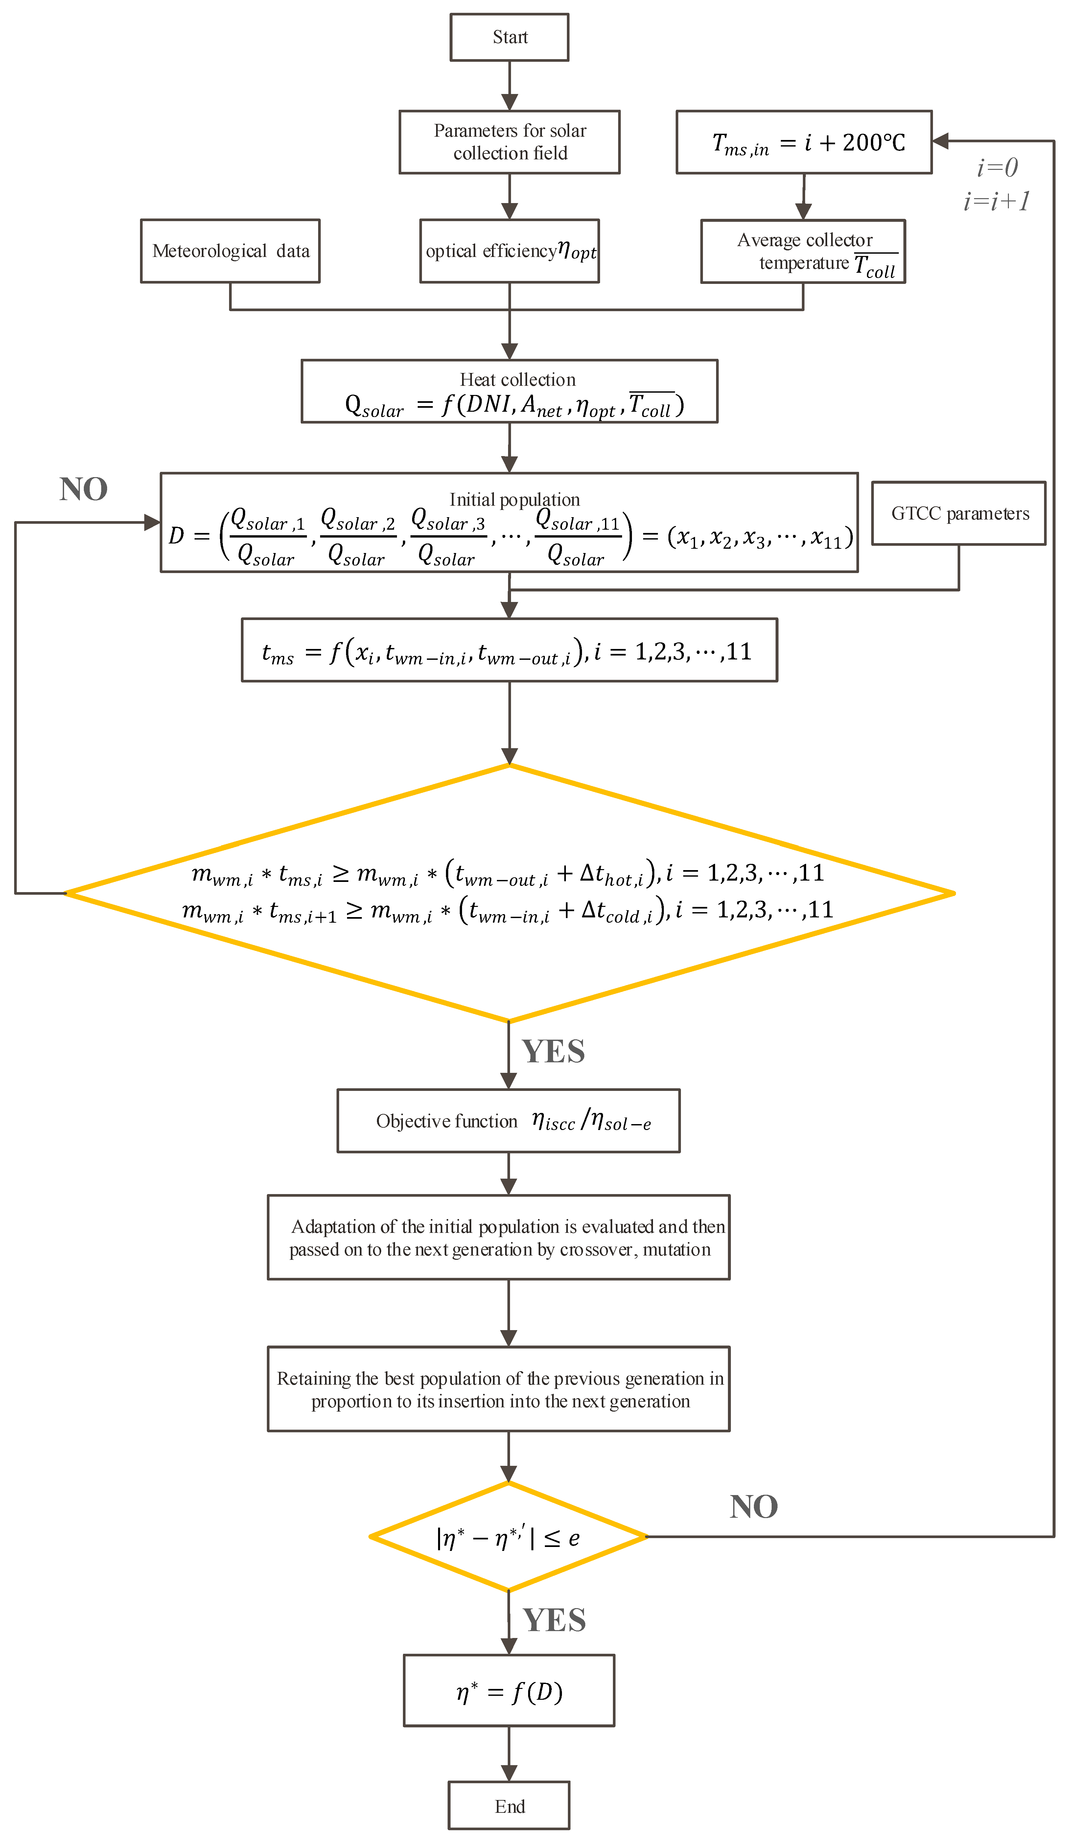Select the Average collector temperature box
click(803, 251)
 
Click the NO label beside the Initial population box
click(83, 489)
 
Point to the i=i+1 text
click(996, 201)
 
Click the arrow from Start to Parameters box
click(509, 86)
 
